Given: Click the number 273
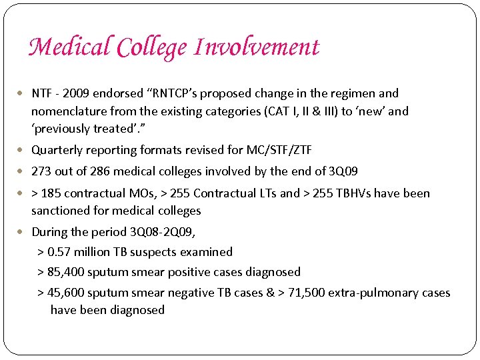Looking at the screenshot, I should (41, 171).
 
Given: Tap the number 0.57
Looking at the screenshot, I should (61, 252).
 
